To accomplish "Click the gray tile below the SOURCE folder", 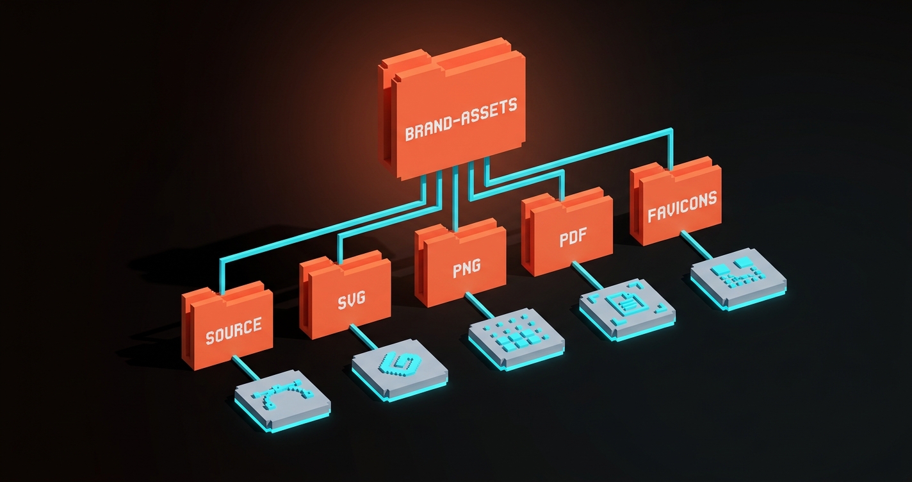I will tap(282, 402).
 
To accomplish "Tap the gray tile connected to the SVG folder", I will tap(400, 371).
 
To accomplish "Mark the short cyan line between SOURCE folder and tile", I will tap(246, 369).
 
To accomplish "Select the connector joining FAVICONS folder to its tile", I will tap(696, 246).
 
